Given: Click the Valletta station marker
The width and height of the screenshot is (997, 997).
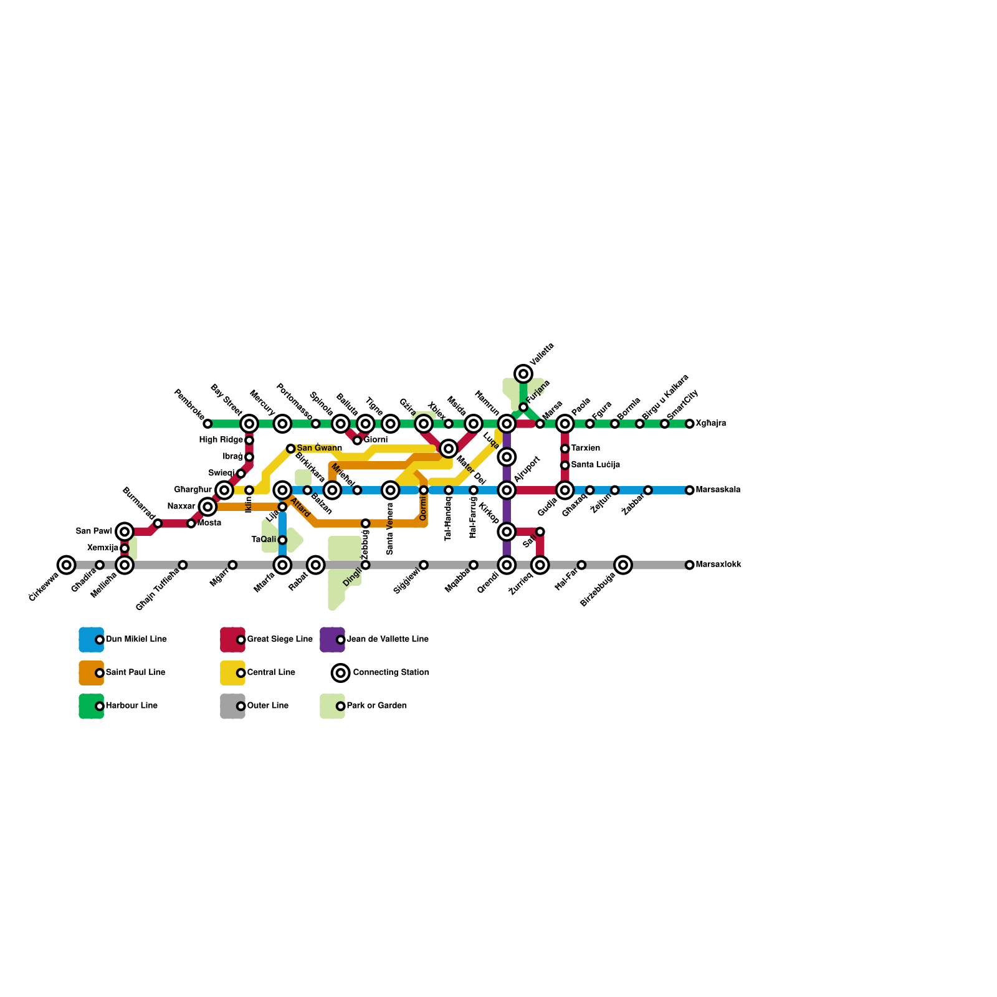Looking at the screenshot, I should point(523,374).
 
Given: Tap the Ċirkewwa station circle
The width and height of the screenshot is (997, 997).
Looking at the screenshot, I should point(66,565).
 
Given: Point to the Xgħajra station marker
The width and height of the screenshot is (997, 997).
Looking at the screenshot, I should point(690,424).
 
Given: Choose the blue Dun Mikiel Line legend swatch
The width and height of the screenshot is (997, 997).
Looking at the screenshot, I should point(91,639).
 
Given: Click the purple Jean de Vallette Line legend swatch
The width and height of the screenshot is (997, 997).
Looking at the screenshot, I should point(332,639).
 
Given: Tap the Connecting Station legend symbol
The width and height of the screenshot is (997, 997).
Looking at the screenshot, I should point(340,672).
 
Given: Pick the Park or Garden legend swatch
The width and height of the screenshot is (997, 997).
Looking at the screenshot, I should point(332,706).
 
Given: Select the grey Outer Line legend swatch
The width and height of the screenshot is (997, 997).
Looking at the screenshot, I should point(232,706).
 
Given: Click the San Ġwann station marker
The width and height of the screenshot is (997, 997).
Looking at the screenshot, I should point(290,449).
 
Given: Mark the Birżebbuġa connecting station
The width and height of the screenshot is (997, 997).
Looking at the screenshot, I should point(623,565).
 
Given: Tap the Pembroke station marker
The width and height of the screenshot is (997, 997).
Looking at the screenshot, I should point(208,424).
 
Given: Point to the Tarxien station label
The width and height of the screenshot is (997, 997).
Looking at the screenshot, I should point(585,449).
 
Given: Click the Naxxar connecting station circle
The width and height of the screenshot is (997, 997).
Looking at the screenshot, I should point(208,507).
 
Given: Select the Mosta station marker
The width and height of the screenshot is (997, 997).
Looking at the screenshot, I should point(191,523).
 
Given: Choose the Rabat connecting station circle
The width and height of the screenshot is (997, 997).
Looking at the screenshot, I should point(316,565).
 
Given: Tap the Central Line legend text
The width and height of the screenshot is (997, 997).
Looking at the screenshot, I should point(270,673).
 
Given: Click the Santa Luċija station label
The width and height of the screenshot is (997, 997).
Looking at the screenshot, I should point(595,465).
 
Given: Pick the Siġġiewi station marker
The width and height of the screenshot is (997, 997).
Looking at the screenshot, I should point(424,565).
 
